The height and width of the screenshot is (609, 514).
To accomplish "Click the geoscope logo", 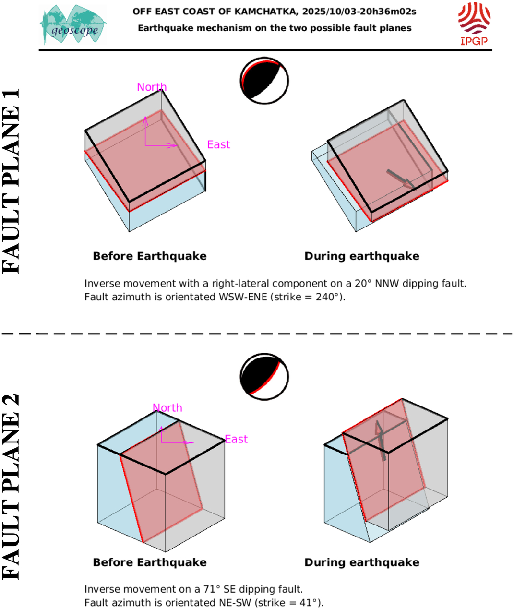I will [x=73, y=25].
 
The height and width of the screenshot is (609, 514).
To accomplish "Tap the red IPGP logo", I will [x=474, y=23].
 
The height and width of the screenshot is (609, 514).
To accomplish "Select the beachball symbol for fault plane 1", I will [x=264, y=81].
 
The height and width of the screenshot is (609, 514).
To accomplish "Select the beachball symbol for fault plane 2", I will [x=264, y=377].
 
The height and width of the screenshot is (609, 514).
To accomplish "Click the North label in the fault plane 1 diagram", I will [x=152, y=87].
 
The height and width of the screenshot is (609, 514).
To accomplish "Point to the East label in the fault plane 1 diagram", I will [x=218, y=144].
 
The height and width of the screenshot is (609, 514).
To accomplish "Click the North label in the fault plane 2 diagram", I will [x=167, y=407].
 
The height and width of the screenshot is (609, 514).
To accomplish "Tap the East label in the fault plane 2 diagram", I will [x=236, y=439].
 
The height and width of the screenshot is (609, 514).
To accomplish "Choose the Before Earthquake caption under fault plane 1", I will [x=150, y=256].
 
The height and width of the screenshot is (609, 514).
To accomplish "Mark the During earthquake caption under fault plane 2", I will [x=362, y=562].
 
